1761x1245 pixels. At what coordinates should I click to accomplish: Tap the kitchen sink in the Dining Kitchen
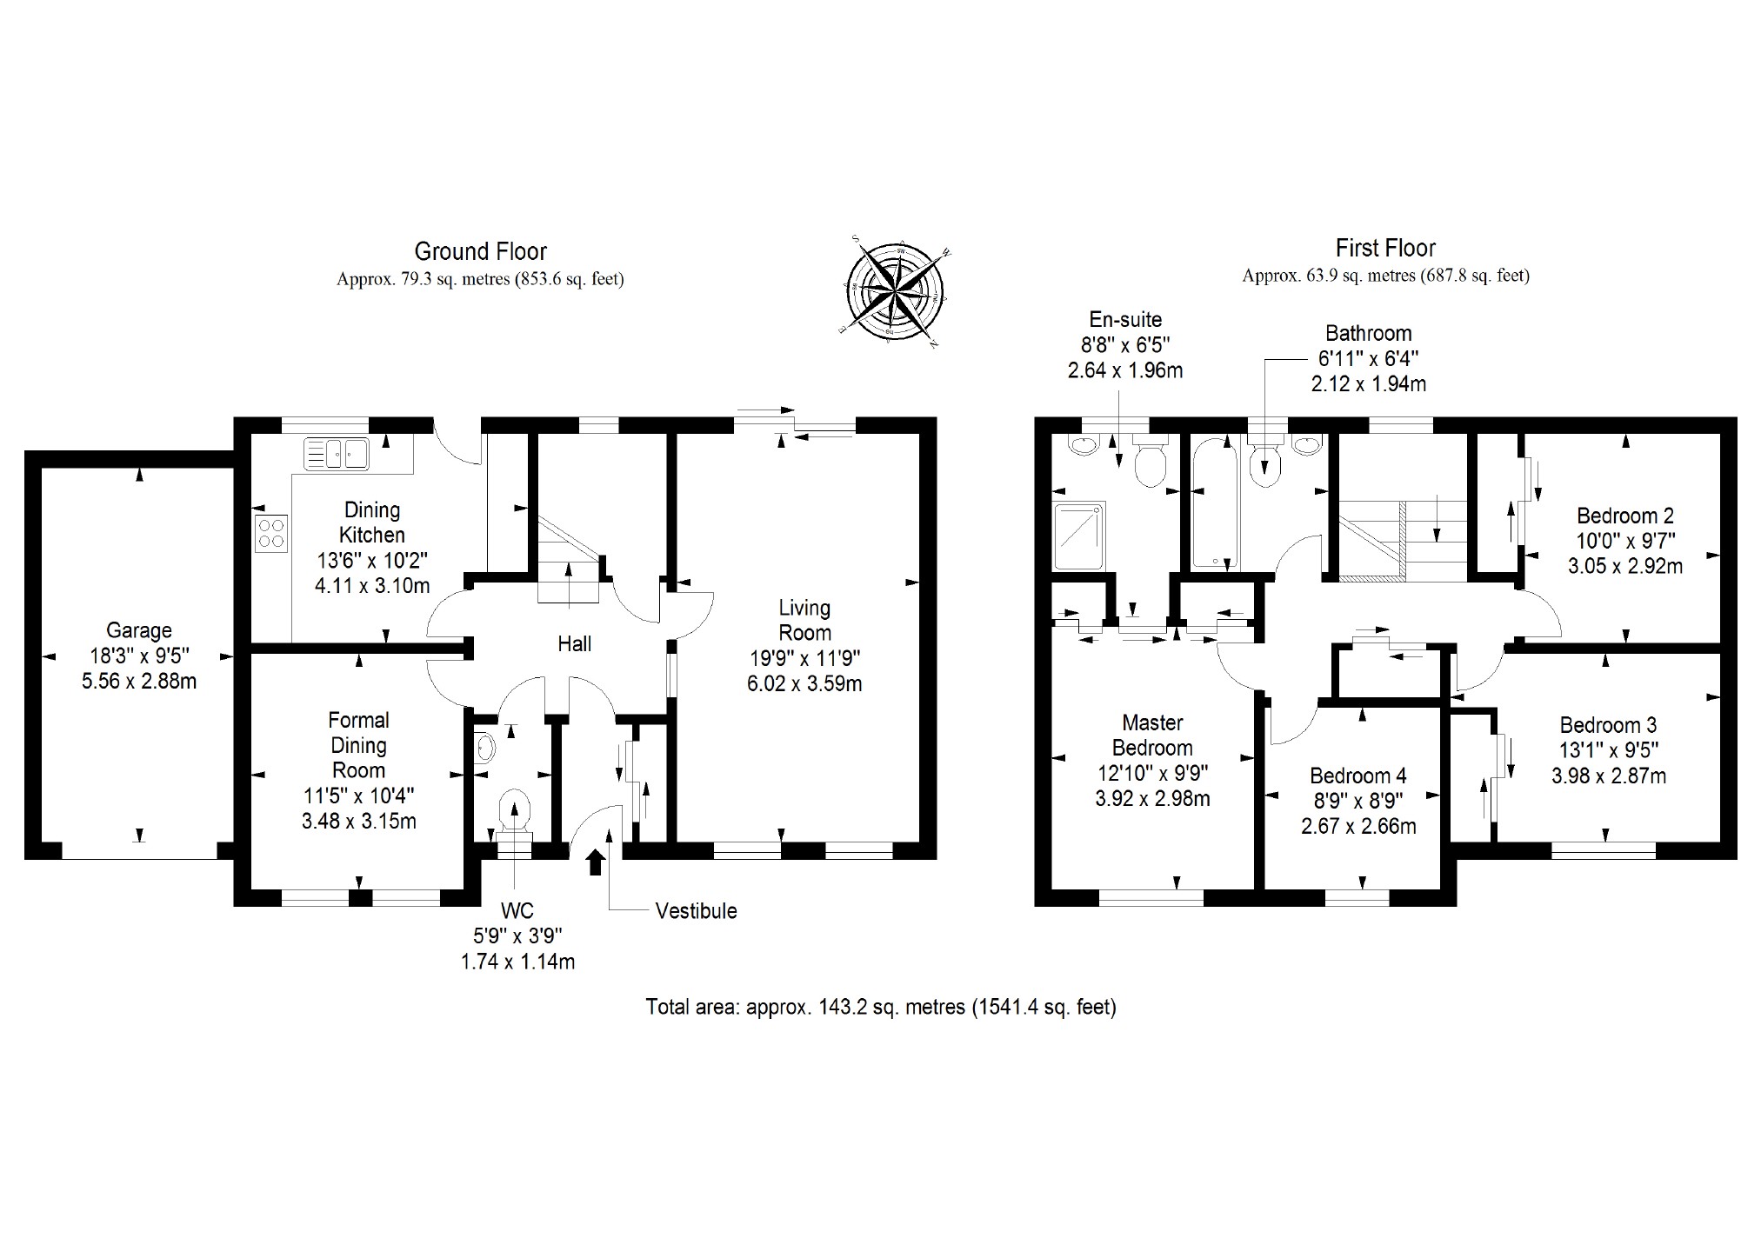point(337,453)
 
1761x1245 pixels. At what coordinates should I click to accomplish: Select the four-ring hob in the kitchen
point(271,532)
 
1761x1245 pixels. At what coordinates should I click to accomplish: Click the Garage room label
point(139,630)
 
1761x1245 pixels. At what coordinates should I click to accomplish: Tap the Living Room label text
point(804,620)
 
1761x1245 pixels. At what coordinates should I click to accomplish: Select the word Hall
point(574,644)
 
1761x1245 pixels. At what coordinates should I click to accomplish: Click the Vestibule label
point(696,911)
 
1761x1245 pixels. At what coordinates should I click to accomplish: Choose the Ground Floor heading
point(480,252)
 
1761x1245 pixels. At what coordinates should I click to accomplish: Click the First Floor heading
point(1385,249)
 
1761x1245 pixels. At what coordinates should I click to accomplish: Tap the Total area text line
point(880,1007)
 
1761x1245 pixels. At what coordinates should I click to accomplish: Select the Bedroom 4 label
point(1358,776)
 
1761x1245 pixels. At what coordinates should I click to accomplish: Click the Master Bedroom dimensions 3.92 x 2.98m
point(1152,798)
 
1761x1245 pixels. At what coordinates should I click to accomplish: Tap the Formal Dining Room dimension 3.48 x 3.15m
point(358,821)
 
